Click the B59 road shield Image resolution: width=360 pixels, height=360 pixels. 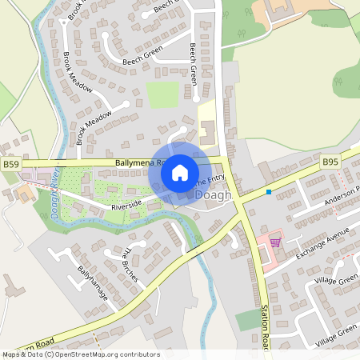click(10, 164)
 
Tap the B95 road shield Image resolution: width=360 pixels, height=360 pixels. click(330, 162)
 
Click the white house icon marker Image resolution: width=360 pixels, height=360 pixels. click(180, 171)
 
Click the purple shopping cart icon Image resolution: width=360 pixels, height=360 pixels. click(276, 241)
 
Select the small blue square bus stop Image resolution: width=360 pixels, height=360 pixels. click(269, 191)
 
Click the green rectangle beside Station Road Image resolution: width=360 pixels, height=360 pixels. click(247, 320)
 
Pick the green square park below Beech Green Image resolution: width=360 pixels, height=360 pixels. click(162, 94)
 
